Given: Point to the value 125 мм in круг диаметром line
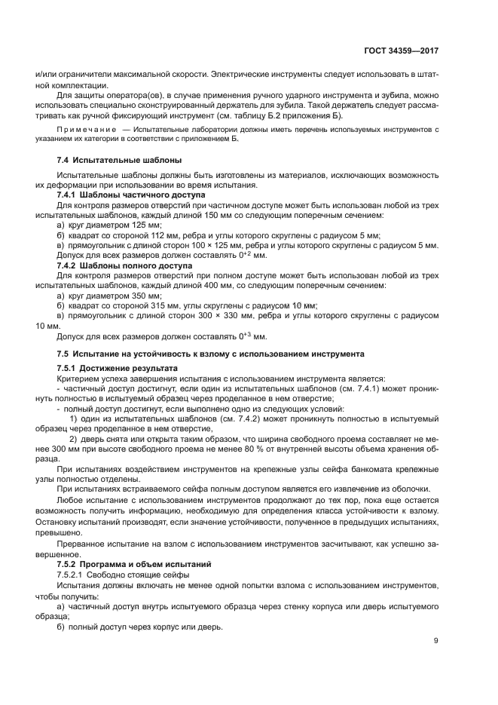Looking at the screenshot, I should (145, 225).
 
